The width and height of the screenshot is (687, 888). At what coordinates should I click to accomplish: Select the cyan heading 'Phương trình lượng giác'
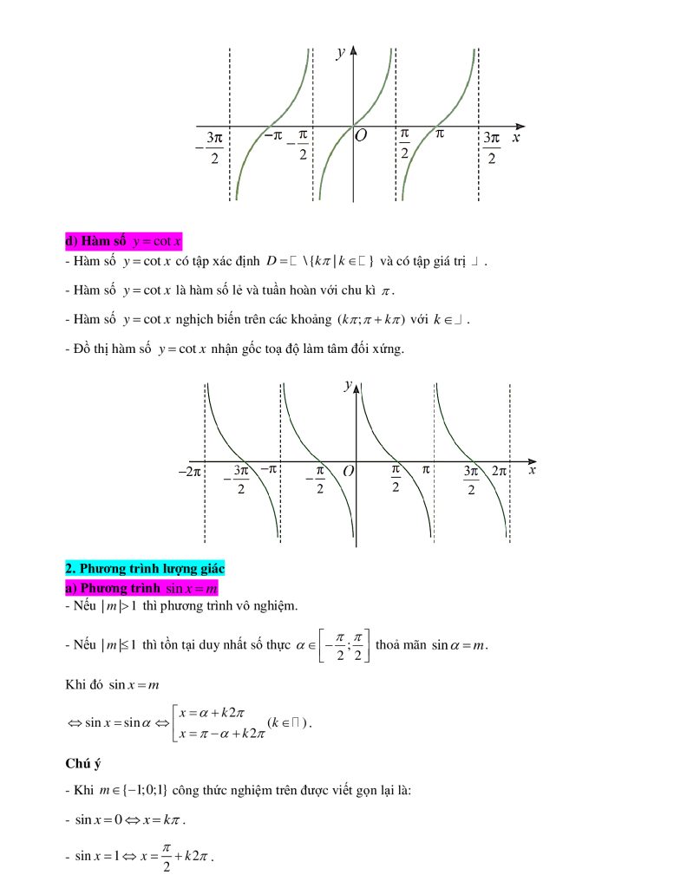click(145, 569)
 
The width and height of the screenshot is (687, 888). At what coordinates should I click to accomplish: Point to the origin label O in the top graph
click(361, 135)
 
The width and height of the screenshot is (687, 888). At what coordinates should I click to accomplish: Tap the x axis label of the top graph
click(515, 137)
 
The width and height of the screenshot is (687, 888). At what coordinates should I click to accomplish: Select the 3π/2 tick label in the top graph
click(492, 147)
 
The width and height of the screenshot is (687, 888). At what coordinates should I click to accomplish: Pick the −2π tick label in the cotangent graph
click(189, 471)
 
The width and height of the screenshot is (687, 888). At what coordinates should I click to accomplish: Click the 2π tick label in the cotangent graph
click(499, 471)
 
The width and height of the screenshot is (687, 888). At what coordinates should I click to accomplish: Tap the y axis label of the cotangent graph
click(347, 384)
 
